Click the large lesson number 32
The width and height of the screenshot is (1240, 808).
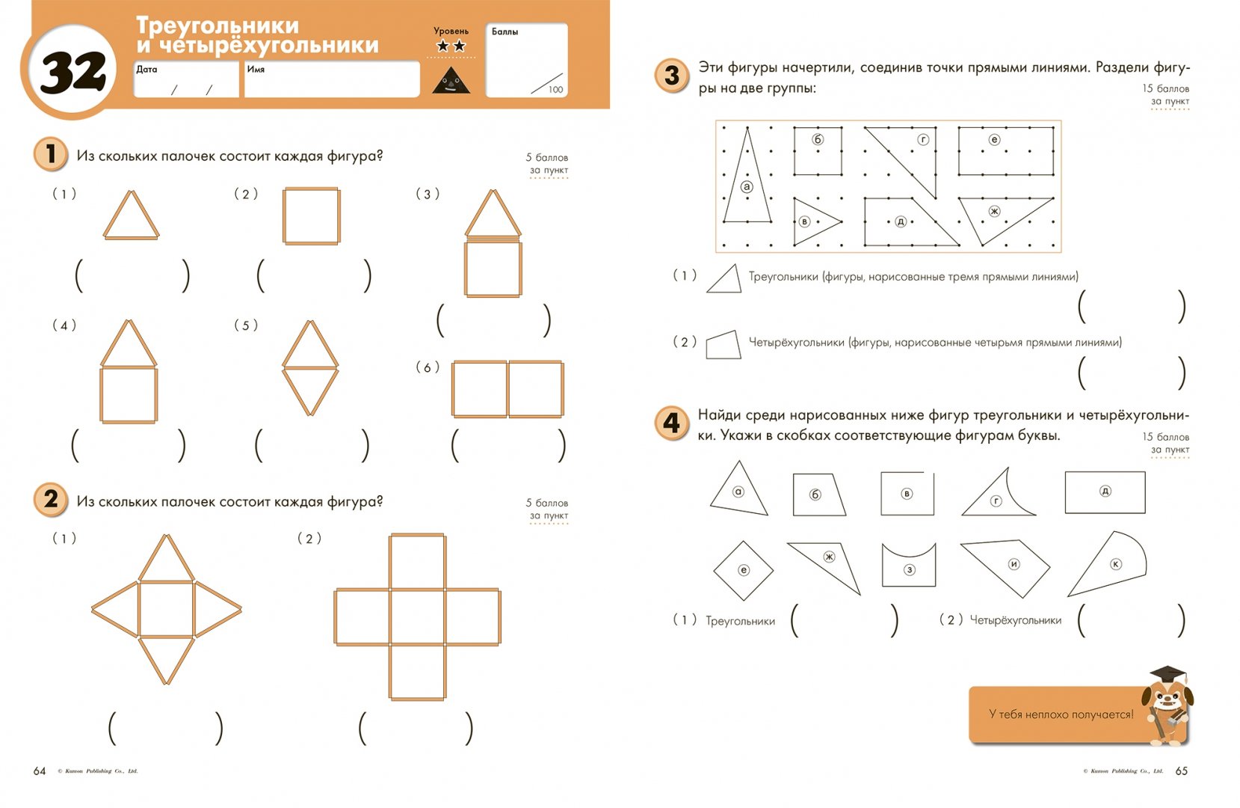tap(73, 73)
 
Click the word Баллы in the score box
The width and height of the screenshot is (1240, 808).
tap(505, 31)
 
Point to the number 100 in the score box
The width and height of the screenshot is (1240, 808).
tap(555, 90)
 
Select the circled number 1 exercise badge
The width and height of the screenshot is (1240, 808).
tap(50, 154)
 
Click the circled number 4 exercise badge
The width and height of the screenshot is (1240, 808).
tap(671, 423)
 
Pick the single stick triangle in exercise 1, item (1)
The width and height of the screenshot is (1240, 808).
tap(131, 216)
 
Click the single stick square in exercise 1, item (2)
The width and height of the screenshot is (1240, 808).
tap(312, 216)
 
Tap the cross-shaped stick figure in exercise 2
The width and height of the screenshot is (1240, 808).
tap(417, 617)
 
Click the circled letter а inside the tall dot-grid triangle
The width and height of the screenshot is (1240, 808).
tap(746, 186)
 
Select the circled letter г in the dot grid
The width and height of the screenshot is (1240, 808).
tap(924, 140)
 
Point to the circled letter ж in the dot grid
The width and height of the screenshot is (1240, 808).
tap(994, 211)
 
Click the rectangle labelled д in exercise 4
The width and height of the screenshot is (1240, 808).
tap(1105, 492)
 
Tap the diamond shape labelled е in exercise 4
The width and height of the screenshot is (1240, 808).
tap(743, 570)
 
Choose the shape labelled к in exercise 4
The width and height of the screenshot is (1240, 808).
tap(1111, 564)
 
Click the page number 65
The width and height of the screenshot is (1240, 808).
tap(1181, 771)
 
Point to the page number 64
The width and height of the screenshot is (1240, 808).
tap(40, 771)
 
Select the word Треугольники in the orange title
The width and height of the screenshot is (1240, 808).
tap(218, 25)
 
